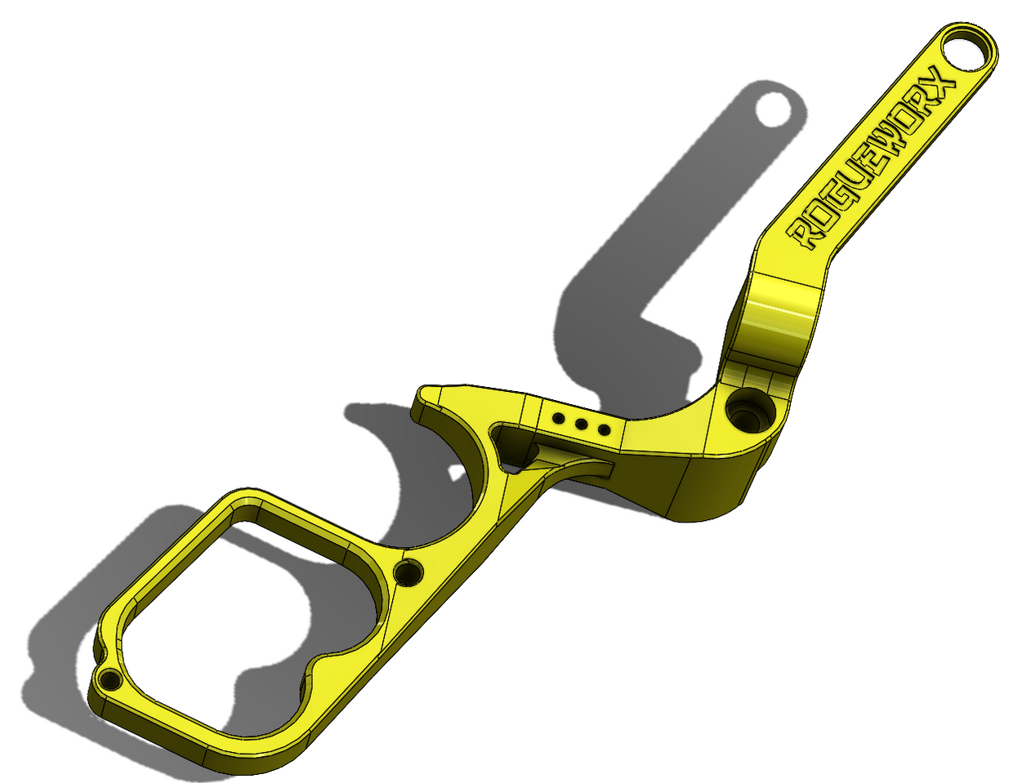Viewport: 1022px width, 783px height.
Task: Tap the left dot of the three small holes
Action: click(x=559, y=419)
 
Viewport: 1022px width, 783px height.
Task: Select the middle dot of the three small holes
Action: click(x=582, y=424)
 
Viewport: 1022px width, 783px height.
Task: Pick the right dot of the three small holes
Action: click(x=604, y=429)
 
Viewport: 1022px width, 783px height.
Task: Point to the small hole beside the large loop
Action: click(x=407, y=573)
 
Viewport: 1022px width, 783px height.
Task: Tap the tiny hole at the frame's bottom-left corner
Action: click(x=109, y=679)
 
